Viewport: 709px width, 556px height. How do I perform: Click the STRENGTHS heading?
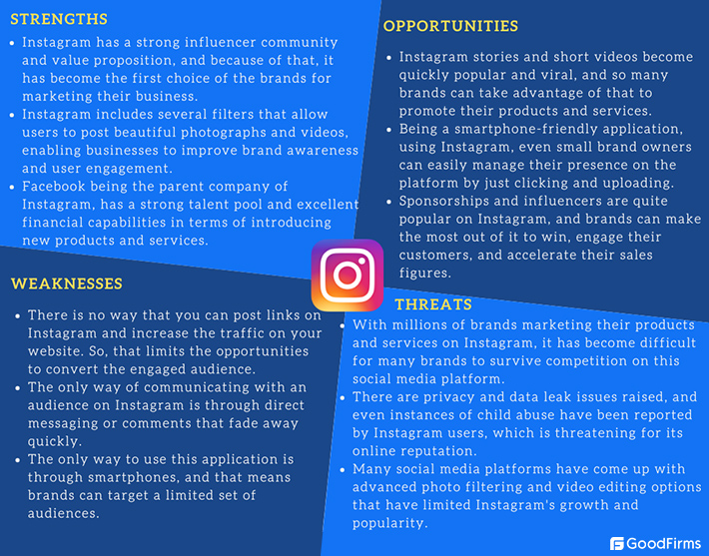pos(59,19)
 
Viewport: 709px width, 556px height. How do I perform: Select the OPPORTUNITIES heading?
pos(450,26)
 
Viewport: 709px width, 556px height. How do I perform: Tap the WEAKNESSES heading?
pos(67,284)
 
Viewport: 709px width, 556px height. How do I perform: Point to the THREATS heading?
pos(433,303)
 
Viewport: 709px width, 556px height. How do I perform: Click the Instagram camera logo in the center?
pos(348,274)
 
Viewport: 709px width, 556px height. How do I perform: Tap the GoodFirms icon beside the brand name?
pos(617,544)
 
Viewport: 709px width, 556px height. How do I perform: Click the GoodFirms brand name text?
pos(664,544)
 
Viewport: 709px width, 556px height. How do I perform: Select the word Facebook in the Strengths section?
pos(57,187)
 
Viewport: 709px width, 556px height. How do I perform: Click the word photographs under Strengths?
pos(251,133)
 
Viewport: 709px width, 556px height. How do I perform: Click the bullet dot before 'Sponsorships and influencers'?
pos(387,202)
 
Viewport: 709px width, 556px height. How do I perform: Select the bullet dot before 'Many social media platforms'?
pos(344,470)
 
